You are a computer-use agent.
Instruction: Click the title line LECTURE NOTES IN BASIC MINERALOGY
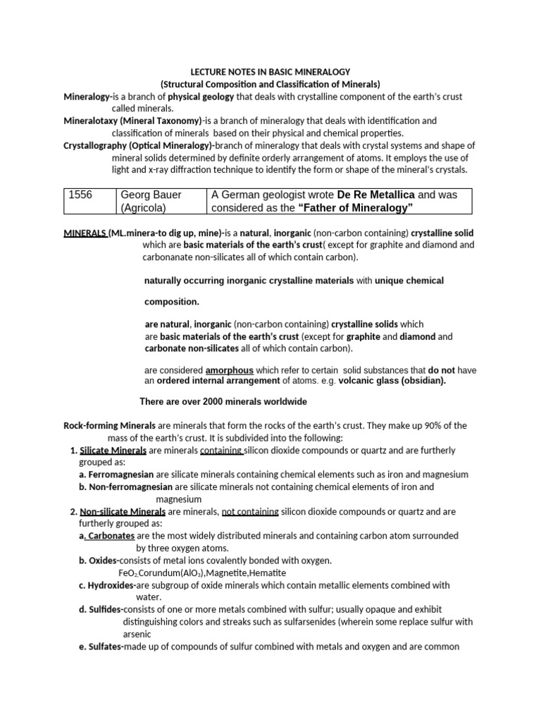point(276,72)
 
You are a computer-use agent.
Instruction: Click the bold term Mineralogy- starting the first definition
point(89,97)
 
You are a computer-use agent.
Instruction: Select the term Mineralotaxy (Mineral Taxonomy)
point(132,121)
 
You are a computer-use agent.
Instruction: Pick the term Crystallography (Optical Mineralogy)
point(139,145)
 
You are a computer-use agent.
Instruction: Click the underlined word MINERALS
point(85,233)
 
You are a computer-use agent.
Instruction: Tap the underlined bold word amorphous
point(229,370)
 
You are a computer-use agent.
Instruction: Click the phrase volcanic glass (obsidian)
point(392,381)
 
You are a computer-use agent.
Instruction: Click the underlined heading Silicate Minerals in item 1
point(113,451)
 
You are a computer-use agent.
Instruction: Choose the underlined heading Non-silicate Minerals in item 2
point(123,511)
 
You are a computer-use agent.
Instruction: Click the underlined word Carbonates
point(111,536)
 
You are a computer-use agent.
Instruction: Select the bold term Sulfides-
point(104,609)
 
